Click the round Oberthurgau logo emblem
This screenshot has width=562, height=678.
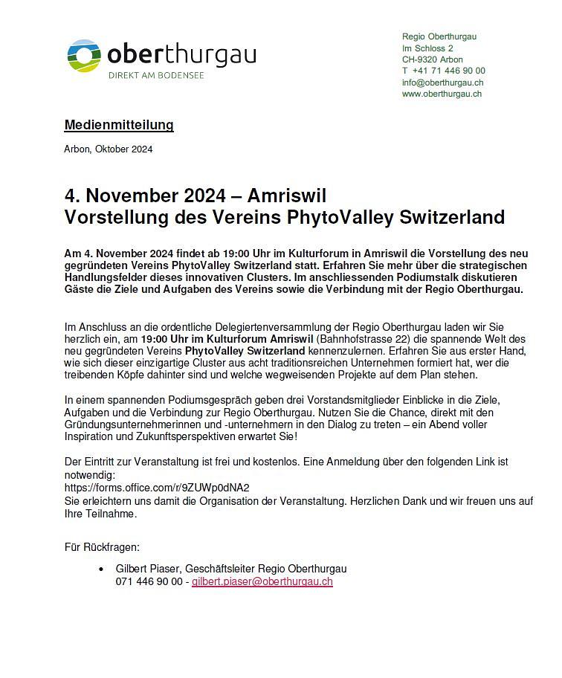coord(84,56)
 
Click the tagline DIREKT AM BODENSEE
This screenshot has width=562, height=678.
coord(156,75)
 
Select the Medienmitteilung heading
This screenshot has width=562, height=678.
coord(119,125)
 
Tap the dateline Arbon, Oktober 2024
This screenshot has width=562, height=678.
coord(109,149)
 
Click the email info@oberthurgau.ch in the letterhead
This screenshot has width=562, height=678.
coord(443,83)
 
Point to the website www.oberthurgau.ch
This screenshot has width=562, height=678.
coord(442,94)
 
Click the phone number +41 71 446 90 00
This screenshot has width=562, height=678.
coord(449,71)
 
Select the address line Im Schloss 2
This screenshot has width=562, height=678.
coord(427,48)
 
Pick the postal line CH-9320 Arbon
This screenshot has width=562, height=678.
coord(433,59)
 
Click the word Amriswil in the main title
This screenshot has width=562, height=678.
coord(287,196)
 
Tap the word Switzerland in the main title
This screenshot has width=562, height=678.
coord(452,217)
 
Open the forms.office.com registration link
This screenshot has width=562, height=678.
coord(157,488)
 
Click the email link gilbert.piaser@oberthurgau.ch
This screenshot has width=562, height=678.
coord(262,581)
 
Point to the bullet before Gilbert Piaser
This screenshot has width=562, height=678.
coord(101,569)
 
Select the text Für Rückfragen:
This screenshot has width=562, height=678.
coord(102,548)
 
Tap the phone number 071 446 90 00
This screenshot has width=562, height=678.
coord(149,581)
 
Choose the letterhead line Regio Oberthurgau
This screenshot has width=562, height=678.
coord(439,36)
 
